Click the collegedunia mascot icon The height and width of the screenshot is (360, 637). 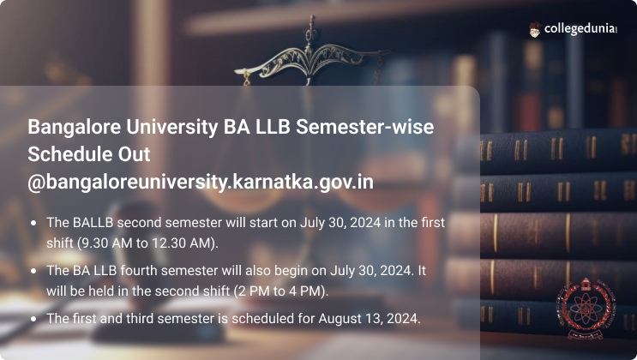535,29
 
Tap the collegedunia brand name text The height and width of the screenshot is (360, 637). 580,28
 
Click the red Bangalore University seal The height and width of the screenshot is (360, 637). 585,309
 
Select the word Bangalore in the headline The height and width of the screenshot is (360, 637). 75,128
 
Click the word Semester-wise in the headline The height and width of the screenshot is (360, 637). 365,127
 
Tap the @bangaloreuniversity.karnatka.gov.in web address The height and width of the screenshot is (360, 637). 201,182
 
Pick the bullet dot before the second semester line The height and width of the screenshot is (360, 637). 33,223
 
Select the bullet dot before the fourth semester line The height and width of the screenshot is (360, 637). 33,271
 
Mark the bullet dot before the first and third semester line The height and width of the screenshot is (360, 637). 33,319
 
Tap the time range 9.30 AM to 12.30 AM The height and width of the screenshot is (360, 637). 147,243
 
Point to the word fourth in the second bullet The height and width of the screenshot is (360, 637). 139,271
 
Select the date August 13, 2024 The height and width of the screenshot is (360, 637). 369,319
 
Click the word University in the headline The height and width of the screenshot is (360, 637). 172,128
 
